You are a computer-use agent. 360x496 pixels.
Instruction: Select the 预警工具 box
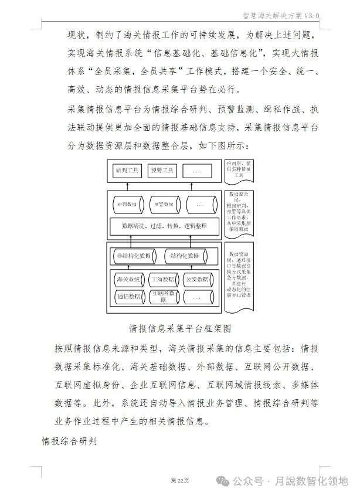162,171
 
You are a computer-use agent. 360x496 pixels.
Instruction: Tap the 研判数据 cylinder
127,205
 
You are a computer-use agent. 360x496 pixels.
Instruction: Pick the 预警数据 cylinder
164,205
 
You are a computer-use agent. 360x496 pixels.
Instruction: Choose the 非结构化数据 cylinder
133,256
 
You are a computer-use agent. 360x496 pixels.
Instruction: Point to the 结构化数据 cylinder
185,256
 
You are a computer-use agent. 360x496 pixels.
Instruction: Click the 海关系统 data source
128,280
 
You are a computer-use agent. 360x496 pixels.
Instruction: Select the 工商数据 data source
162,280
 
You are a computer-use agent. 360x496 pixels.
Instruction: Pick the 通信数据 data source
128,297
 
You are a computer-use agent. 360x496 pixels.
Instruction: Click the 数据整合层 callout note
239,212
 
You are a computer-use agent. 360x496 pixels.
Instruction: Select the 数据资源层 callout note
239,276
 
